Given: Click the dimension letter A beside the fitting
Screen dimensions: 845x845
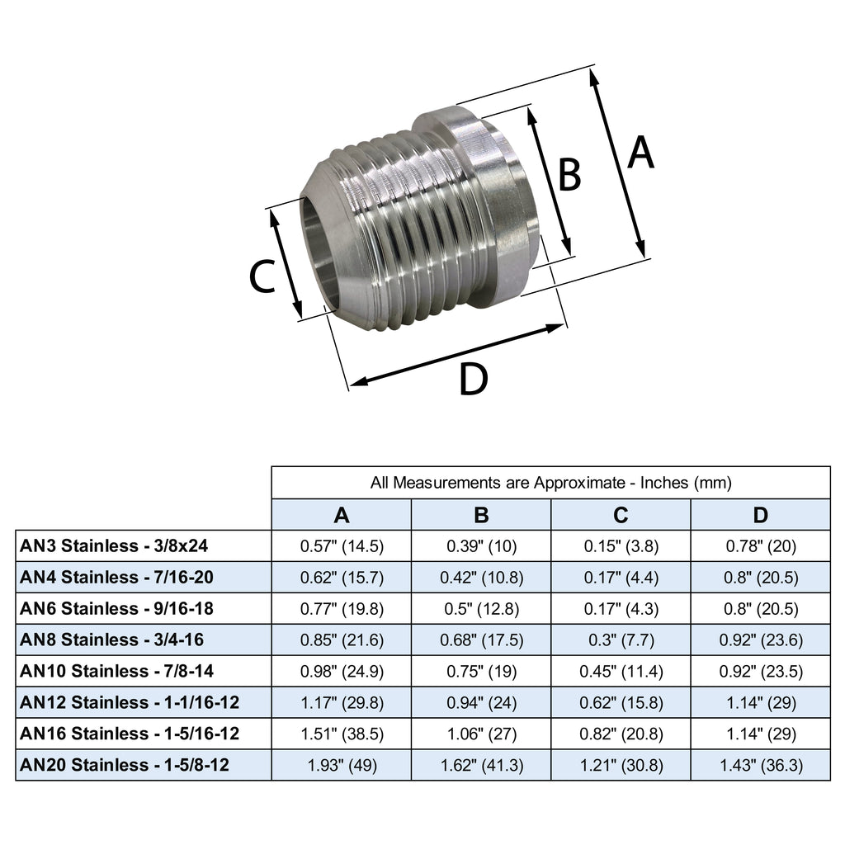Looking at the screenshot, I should [x=640, y=153].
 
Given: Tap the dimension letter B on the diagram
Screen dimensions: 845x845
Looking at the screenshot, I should [x=570, y=175].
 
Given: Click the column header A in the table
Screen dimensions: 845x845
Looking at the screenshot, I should [x=342, y=516].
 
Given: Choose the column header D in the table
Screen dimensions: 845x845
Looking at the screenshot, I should [x=760, y=516].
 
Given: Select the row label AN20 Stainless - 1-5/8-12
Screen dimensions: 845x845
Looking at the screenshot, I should [x=124, y=765].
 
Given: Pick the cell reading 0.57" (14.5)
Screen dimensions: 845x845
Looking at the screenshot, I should [x=342, y=545].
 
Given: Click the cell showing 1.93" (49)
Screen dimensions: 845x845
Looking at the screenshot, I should [x=342, y=765].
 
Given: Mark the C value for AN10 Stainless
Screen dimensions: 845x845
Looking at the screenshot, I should [x=621, y=671].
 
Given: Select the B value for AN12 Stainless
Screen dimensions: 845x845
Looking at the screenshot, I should [x=481, y=702].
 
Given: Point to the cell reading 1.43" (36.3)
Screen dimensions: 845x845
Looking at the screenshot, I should [x=760, y=765].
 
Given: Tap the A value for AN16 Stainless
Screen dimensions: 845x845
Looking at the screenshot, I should [x=342, y=734].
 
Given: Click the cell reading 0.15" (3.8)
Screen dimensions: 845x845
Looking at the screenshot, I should [x=621, y=545].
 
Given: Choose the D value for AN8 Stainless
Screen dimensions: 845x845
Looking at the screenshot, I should [x=760, y=640].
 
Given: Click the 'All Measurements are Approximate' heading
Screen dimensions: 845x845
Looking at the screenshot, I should [x=551, y=483].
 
